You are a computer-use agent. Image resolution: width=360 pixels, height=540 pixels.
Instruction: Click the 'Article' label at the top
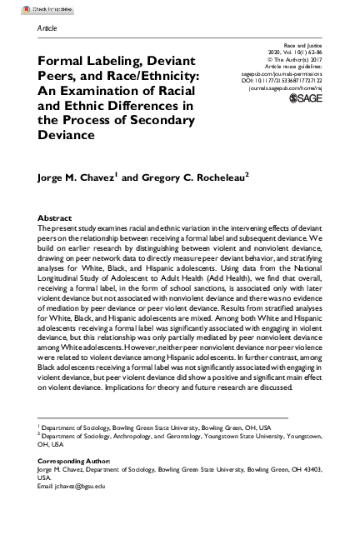47,28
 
